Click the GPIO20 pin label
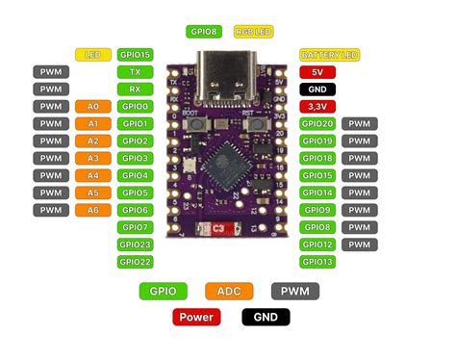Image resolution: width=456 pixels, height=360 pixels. [317, 123]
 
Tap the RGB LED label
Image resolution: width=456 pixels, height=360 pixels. [253, 32]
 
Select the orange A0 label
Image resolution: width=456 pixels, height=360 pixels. [92, 106]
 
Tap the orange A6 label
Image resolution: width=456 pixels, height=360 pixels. [92, 210]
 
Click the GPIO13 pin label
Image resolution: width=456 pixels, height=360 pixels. [317, 261]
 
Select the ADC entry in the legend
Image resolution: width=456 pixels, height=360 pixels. [229, 290]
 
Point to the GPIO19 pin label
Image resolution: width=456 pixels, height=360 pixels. [317, 141]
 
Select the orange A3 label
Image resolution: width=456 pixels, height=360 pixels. [92, 158]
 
